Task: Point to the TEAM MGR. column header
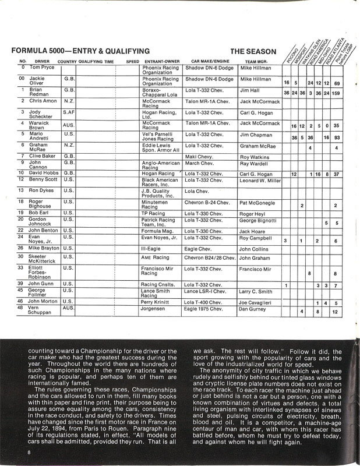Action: [x=256, y=61]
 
